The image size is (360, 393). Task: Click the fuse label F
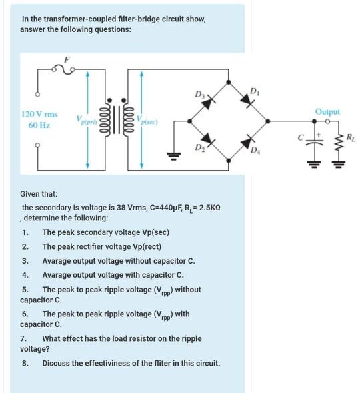tap(66, 59)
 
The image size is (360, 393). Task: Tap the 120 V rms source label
tap(40, 115)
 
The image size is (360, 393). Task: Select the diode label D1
tap(253, 91)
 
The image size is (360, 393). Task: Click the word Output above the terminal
tap(328, 111)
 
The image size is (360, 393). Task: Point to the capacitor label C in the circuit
tap(301, 137)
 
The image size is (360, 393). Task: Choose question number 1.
tap(25, 232)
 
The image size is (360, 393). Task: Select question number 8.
tap(25, 363)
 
